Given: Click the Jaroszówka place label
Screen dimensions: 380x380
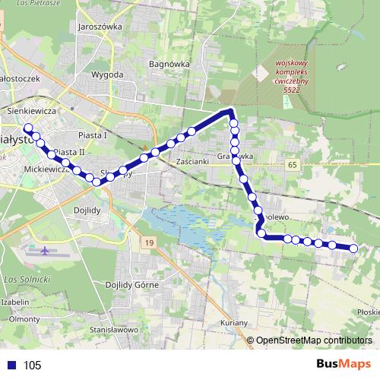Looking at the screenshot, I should pos(100,26).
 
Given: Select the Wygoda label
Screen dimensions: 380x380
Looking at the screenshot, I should pos(107,75).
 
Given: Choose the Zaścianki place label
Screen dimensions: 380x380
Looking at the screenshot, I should pos(192,163).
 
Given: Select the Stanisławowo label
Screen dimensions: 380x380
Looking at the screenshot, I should pos(113,330).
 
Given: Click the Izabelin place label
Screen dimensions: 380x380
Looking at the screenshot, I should pos(15,302).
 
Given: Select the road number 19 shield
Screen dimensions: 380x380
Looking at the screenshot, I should pos(149,242).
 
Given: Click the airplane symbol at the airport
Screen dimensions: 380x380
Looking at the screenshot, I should pos(46,250).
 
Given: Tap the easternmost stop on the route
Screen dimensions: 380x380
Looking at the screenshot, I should pos(353,248).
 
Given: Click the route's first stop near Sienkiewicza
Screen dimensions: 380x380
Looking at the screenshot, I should pos(28,128).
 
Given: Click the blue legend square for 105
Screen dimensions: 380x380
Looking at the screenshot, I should pos(11,365).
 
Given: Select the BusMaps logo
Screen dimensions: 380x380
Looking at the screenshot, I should pos(343,364).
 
